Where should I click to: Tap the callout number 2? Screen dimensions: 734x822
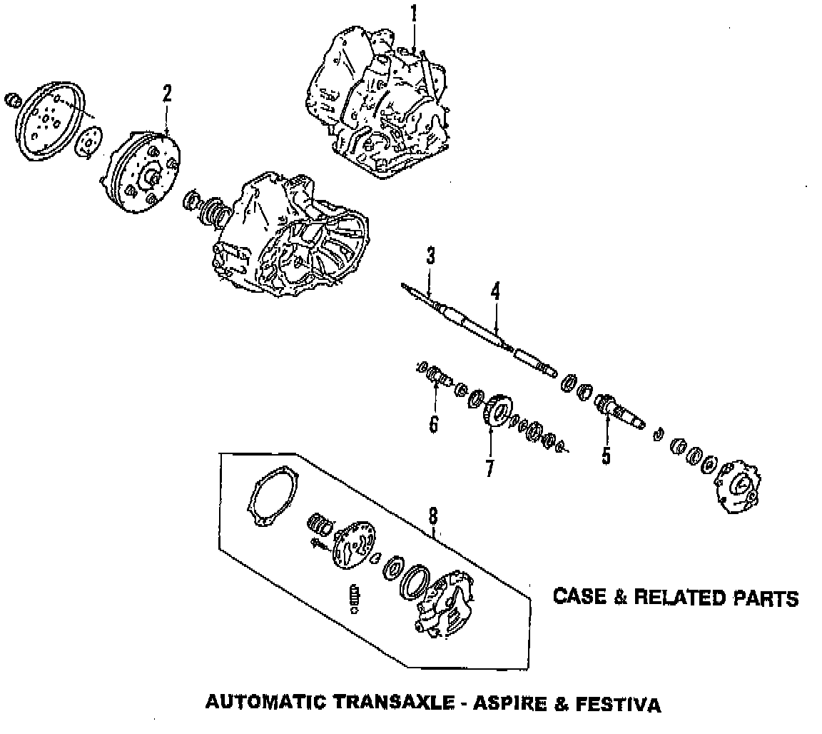[x=167, y=94]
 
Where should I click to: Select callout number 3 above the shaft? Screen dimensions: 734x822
[x=431, y=257]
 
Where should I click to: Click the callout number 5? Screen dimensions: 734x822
[x=606, y=456]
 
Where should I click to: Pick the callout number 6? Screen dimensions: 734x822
[x=433, y=424]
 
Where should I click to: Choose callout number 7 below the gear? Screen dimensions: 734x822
[x=490, y=468]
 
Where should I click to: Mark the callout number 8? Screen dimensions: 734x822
[x=433, y=516]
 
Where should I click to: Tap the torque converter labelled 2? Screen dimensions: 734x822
[x=143, y=171]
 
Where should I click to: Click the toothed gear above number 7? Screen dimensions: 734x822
[x=495, y=412]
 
